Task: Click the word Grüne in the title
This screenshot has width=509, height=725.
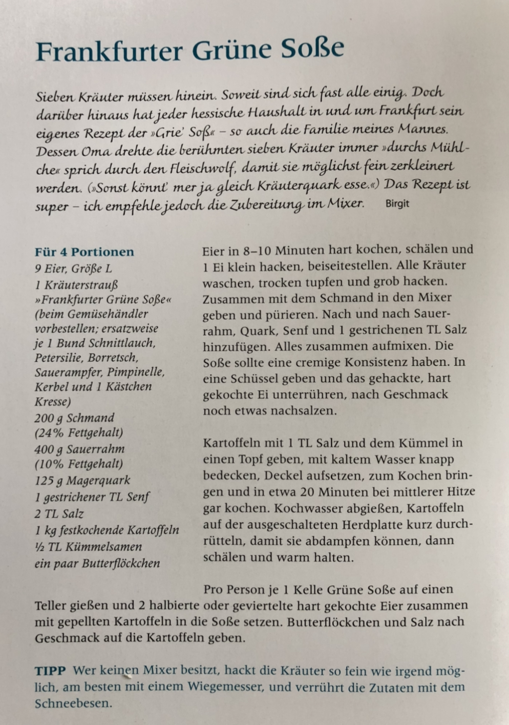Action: pyautogui.click(x=228, y=50)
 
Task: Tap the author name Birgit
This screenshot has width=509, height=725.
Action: pyautogui.click(x=397, y=204)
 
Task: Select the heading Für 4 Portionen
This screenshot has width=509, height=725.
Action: pyautogui.click(x=84, y=252)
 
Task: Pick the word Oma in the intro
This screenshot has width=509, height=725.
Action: pyautogui.click(x=92, y=150)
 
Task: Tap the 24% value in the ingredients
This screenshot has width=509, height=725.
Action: pyautogui.click(x=51, y=433)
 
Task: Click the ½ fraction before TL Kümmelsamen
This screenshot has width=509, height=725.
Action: pyautogui.click(x=39, y=547)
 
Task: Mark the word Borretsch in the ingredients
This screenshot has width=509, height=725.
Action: pyautogui.click(x=113, y=357)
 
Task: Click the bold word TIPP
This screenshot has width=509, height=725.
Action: pyautogui.click(x=50, y=671)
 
